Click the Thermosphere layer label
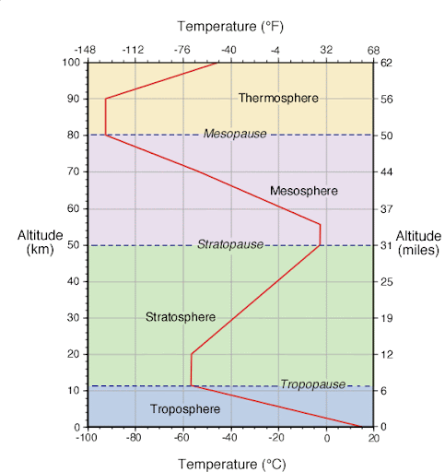pos(277,98)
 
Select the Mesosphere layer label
pos(303,191)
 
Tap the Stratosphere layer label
pos(181,317)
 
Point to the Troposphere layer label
pos(184,408)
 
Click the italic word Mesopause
pos(235,134)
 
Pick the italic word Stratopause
pos(229,244)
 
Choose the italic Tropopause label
pos(312,384)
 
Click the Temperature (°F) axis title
pos(230,25)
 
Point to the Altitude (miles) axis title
pos(419,243)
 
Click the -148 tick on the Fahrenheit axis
pos(88,50)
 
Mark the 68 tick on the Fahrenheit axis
pos(373,50)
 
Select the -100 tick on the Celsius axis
pos(87,439)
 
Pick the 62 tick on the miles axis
pos(386,63)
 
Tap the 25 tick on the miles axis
pos(386,281)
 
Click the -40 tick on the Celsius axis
pos(229,439)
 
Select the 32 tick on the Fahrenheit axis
pos(325,50)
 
